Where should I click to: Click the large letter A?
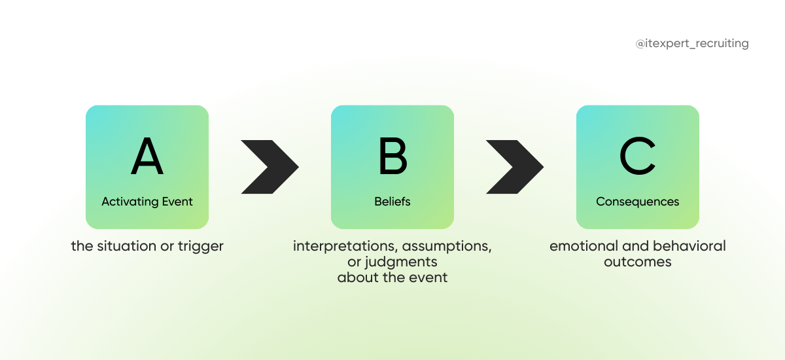(x=147, y=157)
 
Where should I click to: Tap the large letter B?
(x=392, y=157)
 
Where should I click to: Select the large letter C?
(x=638, y=157)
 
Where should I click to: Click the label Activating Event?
(x=147, y=202)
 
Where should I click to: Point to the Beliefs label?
(x=392, y=202)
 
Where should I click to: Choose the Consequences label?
(x=638, y=202)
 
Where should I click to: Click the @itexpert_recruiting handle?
(x=692, y=44)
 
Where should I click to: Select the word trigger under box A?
(x=201, y=247)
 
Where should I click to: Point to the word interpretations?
(x=345, y=247)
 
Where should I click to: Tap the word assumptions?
(x=447, y=247)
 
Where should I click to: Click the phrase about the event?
(x=392, y=278)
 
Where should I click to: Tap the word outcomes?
(x=638, y=262)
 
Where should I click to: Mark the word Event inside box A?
(x=178, y=202)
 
